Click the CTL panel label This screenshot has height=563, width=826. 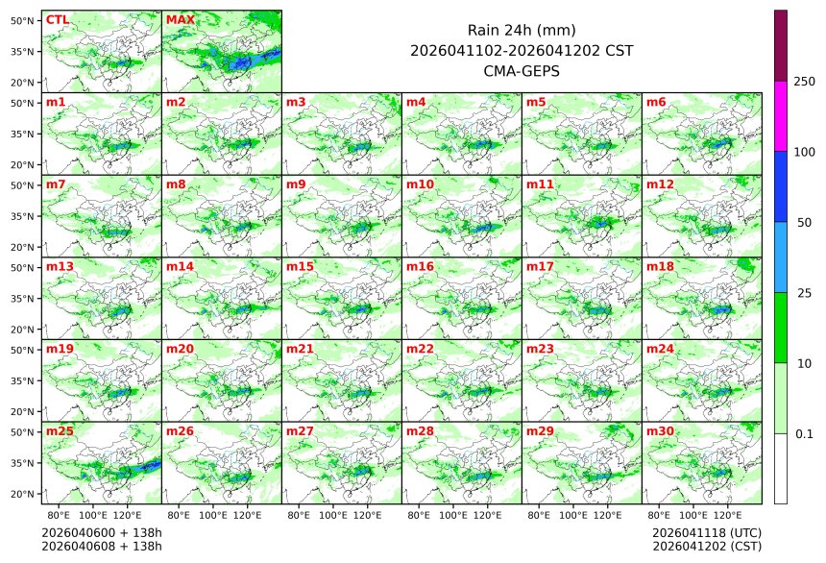(58, 19)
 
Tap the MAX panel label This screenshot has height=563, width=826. (180, 19)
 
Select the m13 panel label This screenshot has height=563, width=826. (58, 266)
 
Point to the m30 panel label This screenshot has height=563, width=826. (659, 431)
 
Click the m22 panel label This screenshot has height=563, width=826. (419, 349)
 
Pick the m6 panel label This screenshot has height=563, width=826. (656, 102)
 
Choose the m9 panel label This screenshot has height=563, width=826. (296, 184)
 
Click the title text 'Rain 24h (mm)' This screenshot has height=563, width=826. (522, 30)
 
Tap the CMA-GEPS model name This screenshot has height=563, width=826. (522, 70)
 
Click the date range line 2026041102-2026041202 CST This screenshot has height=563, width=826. (522, 50)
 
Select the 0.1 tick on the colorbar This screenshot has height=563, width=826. (804, 433)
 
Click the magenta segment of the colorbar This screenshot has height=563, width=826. (781, 115)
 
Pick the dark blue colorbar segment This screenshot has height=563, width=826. (781, 186)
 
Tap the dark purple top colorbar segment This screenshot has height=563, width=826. (781, 45)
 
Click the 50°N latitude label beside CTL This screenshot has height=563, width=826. (24, 20)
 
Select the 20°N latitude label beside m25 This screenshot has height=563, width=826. (24, 494)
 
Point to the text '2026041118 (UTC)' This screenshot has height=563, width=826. (706, 532)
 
